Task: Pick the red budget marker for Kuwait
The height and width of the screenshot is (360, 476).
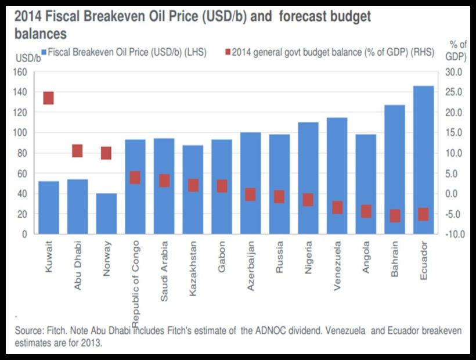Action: point(49,98)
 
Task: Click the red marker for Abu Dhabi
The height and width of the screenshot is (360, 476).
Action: point(77,151)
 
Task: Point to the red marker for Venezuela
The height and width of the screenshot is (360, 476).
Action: point(337,207)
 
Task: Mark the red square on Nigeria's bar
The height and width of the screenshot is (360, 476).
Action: point(308,200)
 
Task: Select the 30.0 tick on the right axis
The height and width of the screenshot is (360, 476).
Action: point(453,72)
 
